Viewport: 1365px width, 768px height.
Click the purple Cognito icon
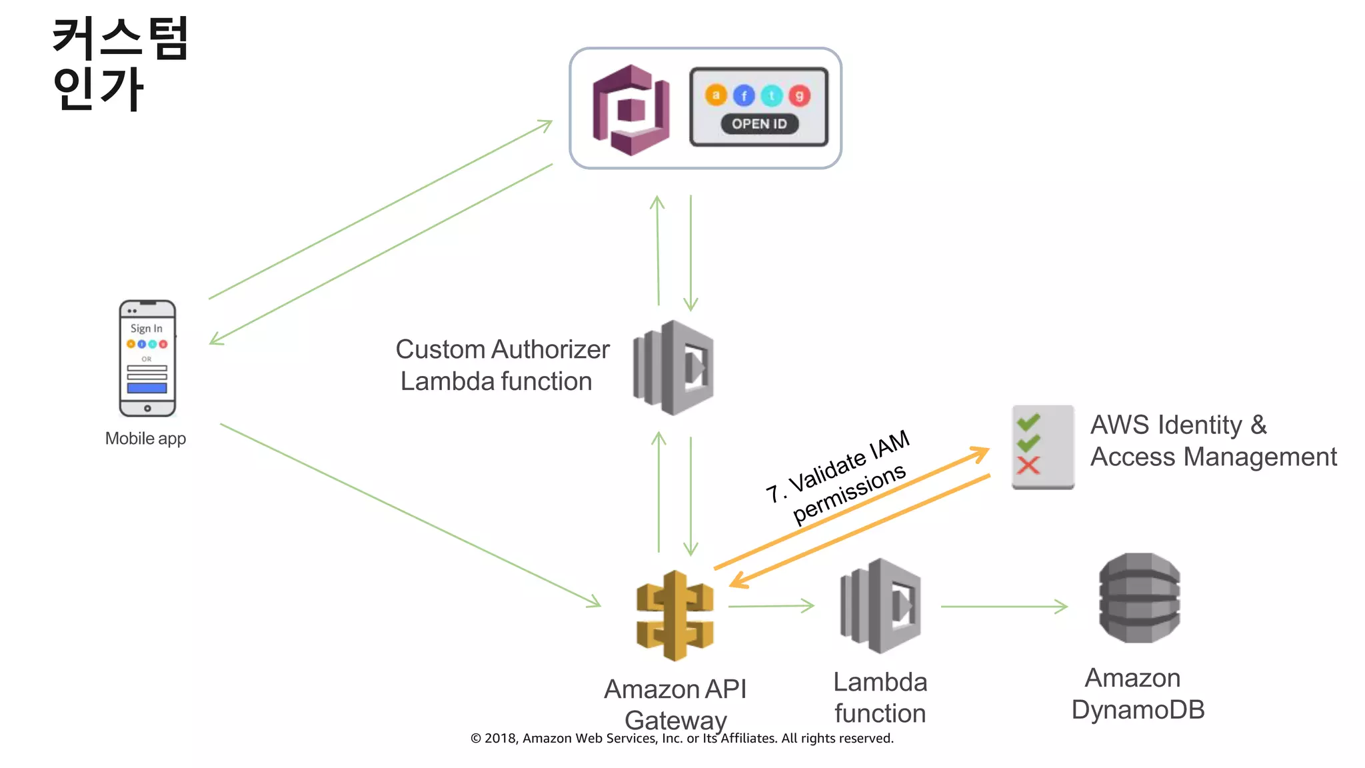point(631,110)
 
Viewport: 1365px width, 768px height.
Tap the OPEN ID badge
point(759,124)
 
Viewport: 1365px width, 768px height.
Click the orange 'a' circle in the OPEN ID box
point(716,95)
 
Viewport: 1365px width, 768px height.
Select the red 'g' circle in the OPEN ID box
point(799,96)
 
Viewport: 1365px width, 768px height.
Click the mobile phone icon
point(147,359)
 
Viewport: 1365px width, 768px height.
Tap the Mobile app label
point(145,439)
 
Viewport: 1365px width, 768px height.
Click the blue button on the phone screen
point(147,388)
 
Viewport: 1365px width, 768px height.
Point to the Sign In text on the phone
point(146,329)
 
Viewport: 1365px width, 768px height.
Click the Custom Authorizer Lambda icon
point(674,367)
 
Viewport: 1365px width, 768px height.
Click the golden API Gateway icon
point(675,615)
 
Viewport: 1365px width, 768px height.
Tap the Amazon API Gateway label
point(675,705)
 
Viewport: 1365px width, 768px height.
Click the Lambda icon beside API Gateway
point(880,606)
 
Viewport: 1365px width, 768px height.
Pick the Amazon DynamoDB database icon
point(1139,598)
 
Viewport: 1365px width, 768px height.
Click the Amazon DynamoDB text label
point(1138,694)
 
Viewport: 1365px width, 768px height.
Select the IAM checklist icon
point(1042,447)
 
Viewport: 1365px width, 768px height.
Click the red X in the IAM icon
point(1028,465)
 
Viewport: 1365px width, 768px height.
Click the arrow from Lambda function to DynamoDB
point(1003,607)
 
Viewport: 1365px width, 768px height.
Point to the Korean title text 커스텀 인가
point(120,63)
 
